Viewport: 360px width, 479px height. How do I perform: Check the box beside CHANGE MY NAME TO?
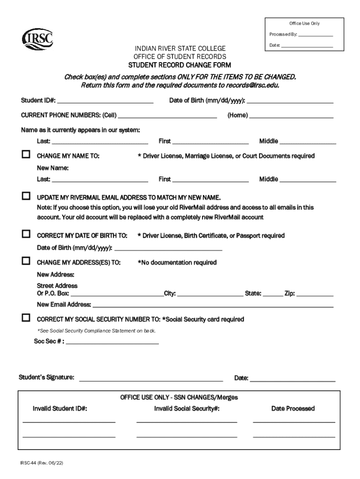[x=26, y=155]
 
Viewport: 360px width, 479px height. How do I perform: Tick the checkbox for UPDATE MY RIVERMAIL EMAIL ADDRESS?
[x=26, y=196]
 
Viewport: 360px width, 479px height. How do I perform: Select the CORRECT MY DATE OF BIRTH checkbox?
[x=26, y=234]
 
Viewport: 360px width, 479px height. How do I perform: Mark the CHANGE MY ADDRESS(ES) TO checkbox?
[x=26, y=261]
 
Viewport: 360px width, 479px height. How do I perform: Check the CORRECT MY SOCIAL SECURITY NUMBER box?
[x=26, y=319]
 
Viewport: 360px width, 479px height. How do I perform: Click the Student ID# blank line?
[x=105, y=102]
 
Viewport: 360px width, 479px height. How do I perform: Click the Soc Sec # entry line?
[x=113, y=343]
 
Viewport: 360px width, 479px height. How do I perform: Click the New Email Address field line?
[x=213, y=306]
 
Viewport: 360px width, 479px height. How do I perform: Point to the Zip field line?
[x=315, y=296]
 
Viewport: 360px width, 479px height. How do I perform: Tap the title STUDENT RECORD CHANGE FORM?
[x=180, y=65]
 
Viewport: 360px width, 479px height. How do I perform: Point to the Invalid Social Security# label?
[x=187, y=408]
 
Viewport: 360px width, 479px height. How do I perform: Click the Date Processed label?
[x=293, y=408]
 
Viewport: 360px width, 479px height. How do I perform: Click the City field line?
[x=209, y=296]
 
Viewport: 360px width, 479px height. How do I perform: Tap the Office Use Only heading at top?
[x=304, y=23]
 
